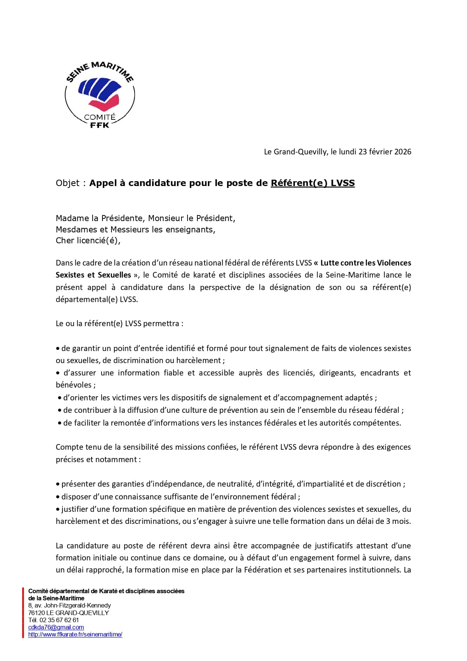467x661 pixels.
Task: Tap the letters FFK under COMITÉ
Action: coord(100,125)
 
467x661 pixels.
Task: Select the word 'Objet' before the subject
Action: coord(68,183)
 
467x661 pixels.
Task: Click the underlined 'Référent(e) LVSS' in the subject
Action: coord(313,183)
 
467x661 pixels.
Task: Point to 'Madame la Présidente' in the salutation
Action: coord(99,218)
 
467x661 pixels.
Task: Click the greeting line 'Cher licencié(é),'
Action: coord(88,241)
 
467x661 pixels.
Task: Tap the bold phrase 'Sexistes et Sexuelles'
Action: coord(93,275)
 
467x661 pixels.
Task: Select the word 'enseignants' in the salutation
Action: coord(192,230)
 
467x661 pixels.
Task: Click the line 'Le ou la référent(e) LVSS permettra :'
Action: coord(119,324)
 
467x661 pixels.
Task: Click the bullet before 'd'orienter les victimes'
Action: coord(60,398)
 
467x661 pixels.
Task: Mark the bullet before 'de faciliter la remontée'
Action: coord(60,423)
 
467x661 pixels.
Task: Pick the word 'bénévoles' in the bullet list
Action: coord(74,385)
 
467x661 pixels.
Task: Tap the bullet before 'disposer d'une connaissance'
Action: coord(58,497)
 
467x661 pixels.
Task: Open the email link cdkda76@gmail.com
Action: coord(56,627)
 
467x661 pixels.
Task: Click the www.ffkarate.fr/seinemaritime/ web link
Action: coord(75,634)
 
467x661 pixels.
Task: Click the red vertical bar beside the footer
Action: coord(23,612)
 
